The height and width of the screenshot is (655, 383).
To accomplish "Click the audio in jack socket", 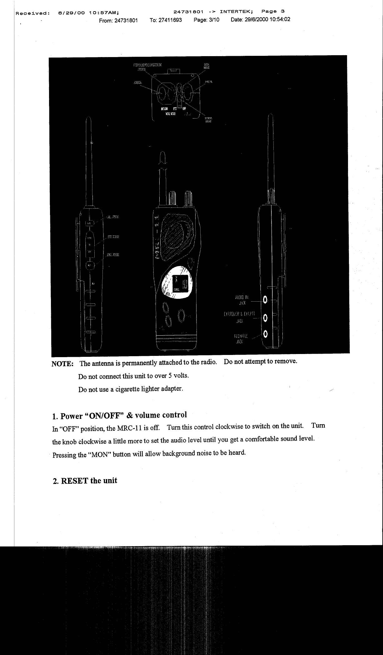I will point(265,300).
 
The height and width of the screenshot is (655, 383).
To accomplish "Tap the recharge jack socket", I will point(265,334).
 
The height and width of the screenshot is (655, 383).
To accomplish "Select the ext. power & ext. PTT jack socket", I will point(265,318).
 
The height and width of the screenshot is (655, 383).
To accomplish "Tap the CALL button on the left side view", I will point(89,223).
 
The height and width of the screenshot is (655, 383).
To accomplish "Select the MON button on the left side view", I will point(89,265).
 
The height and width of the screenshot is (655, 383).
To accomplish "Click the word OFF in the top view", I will point(184,109).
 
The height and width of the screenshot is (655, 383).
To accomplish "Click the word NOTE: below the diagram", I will point(62,364).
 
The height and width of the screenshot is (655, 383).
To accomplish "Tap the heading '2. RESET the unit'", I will point(85,481).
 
